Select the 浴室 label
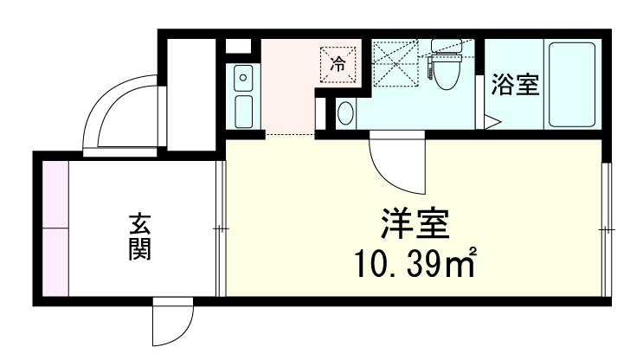point(516,85)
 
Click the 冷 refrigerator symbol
point(338,63)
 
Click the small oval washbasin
point(345,112)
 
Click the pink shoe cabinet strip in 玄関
point(55,228)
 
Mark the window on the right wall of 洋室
point(606,228)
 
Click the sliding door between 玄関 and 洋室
point(220,228)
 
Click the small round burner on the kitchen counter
point(243,78)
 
